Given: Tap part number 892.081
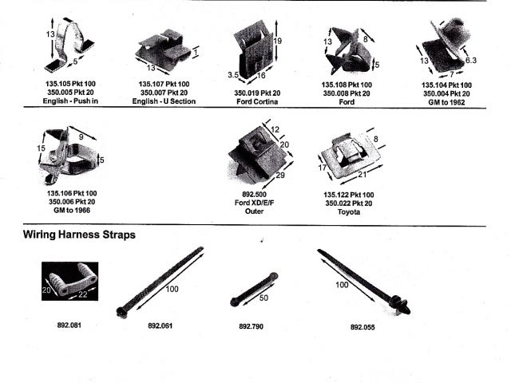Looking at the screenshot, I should click(69, 326).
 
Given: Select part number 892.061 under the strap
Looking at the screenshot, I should click(160, 326).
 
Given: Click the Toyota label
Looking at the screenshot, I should click(347, 211).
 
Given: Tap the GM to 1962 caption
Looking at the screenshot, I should click(446, 101).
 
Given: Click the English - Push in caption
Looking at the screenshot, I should click(67, 101).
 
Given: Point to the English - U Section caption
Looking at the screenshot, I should click(164, 101).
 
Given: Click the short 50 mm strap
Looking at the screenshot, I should click(254, 289).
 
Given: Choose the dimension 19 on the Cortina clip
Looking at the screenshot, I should click(277, 40).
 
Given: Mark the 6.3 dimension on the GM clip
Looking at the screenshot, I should click(471, 60).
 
